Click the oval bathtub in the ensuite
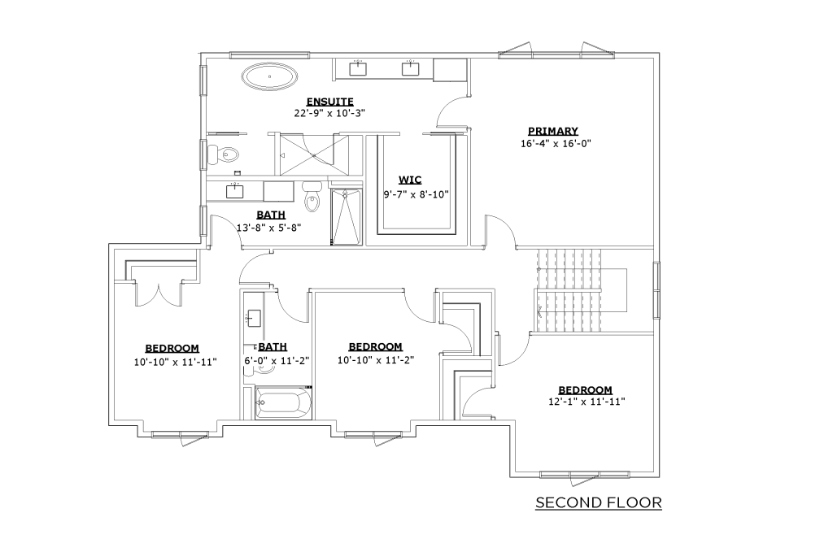click(x=270, y=77)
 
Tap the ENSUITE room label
click(x=330, y=102)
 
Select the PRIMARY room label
click(x=553, y=131)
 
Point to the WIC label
click(x=410, y=180)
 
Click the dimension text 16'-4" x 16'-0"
click(x=556, y=143)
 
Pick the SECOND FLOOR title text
click(x=599, y=502)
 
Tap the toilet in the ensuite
click(x=224, y=154)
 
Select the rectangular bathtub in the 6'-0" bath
click(x=283, y=403)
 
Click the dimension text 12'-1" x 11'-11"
click(x=587, y=402)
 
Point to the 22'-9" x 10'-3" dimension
click(x=330, y=113)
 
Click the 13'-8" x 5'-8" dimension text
click(x=268, y=228)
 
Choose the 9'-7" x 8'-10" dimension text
click(x=416, y=194)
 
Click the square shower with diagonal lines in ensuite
click(x=315, y=154)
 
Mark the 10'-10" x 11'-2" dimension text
click(x=376, y=360)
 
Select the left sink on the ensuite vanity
click(x=358, y=68)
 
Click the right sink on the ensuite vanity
click(x=410, y=68)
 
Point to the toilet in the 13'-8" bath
click(x=312, y=197)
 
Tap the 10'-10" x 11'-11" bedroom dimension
click(x=176, y=362)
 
